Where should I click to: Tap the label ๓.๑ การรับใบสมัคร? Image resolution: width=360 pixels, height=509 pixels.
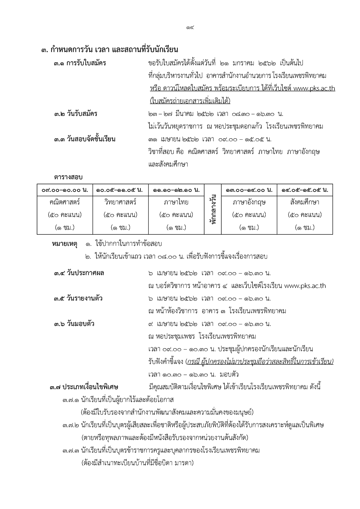(80, 63)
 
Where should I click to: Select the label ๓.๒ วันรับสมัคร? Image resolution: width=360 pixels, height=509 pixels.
(76, 114)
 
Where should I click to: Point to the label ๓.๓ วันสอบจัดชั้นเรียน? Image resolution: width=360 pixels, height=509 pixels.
(85, 139)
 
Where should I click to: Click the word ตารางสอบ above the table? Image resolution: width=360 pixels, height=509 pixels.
(68, 177)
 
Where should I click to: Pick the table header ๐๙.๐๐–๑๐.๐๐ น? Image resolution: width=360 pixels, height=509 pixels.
(65, 190)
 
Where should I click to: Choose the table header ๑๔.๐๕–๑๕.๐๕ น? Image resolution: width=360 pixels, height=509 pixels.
(305, 190)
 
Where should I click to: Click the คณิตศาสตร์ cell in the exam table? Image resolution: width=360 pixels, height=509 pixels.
(65, 202)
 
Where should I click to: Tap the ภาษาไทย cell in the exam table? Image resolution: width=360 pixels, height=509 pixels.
(176, 202)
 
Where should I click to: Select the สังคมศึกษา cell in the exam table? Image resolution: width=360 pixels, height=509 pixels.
(305, 202)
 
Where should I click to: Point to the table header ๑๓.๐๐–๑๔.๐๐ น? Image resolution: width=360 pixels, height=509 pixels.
(249, 190)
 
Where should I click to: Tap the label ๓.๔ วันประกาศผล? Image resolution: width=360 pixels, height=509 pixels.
(79, 273)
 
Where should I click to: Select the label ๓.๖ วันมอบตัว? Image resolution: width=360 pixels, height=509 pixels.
(74, 324)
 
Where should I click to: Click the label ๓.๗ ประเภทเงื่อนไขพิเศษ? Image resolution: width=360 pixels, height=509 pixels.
(84, 387)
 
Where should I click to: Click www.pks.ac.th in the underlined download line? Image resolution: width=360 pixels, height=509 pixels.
(314, 89)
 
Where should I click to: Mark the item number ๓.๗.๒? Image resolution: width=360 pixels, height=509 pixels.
(71, 425)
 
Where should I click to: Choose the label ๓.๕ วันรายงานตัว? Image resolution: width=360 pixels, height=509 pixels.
(78, 298)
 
